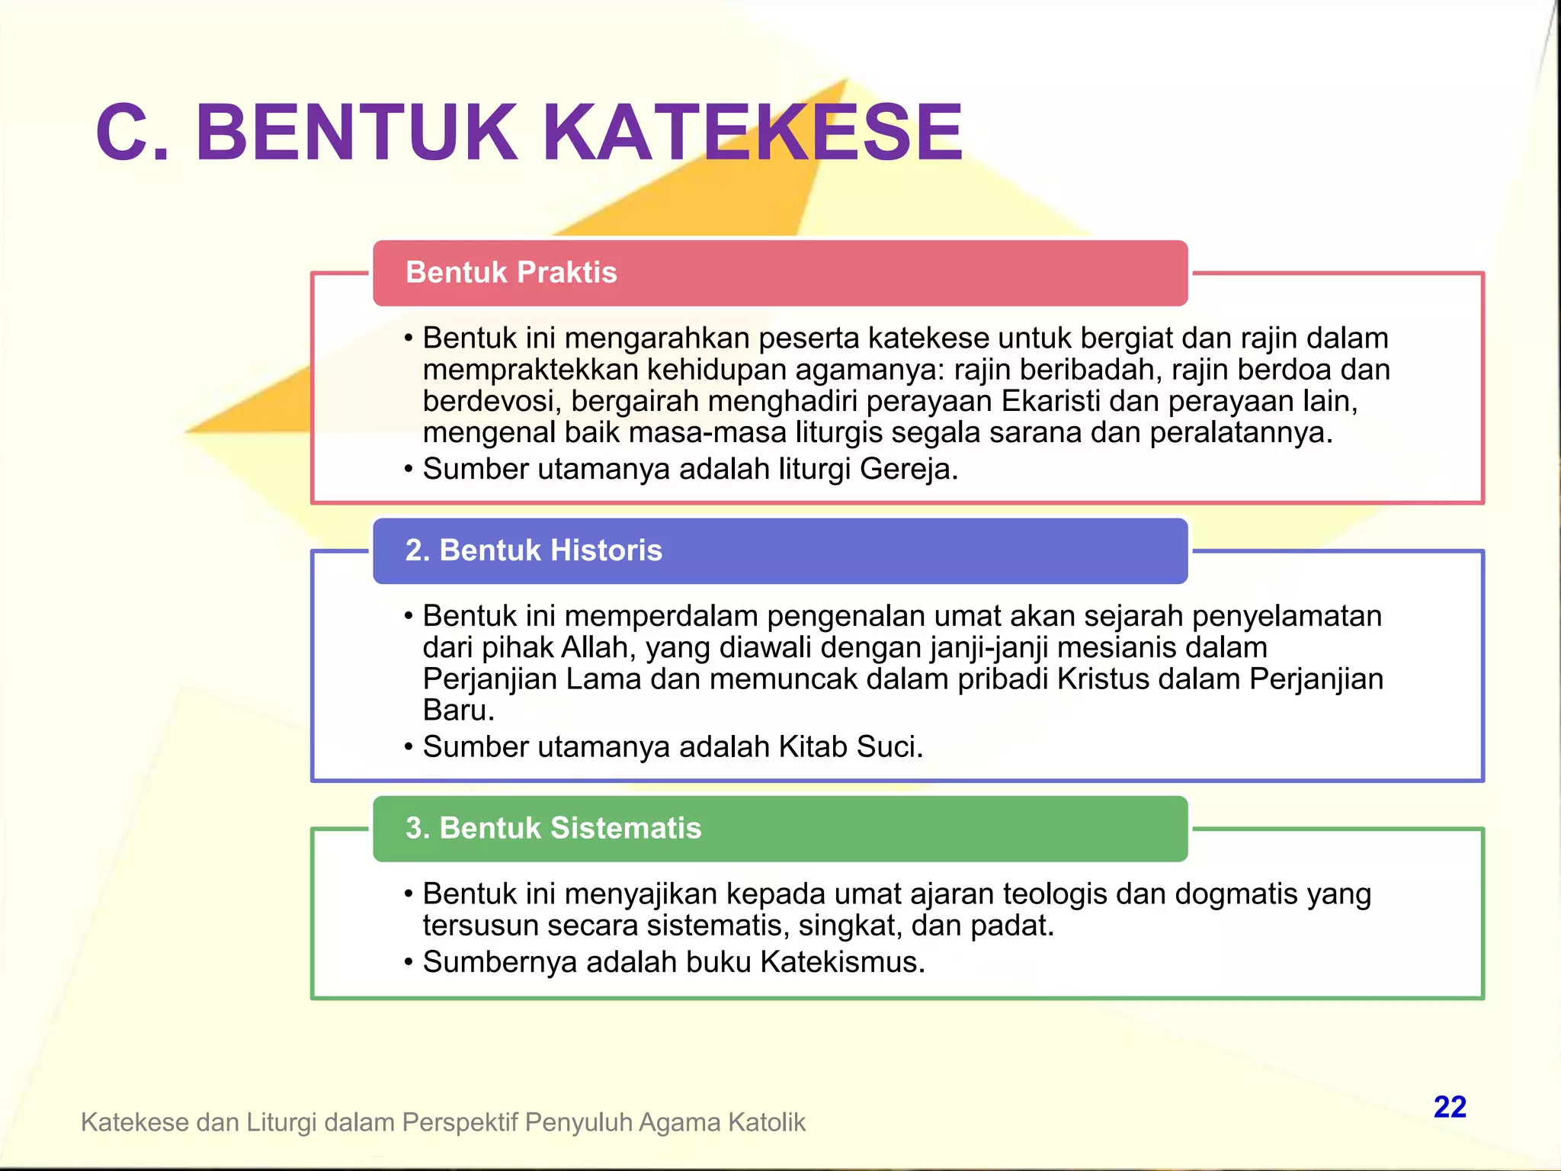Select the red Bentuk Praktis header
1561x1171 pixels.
[x=780, y=273]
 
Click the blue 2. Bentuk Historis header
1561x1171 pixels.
[x=780, y=550]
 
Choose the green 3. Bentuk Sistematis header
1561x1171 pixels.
[x=780, y=829]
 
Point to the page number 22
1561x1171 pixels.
[x=1449, y=1107]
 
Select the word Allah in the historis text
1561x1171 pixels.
[x=594, y=647]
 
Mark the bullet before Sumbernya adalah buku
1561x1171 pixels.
[x=409, y=963]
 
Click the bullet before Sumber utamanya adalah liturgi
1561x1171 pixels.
[x=409, y=470]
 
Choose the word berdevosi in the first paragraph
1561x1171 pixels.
[x=488, y=401]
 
